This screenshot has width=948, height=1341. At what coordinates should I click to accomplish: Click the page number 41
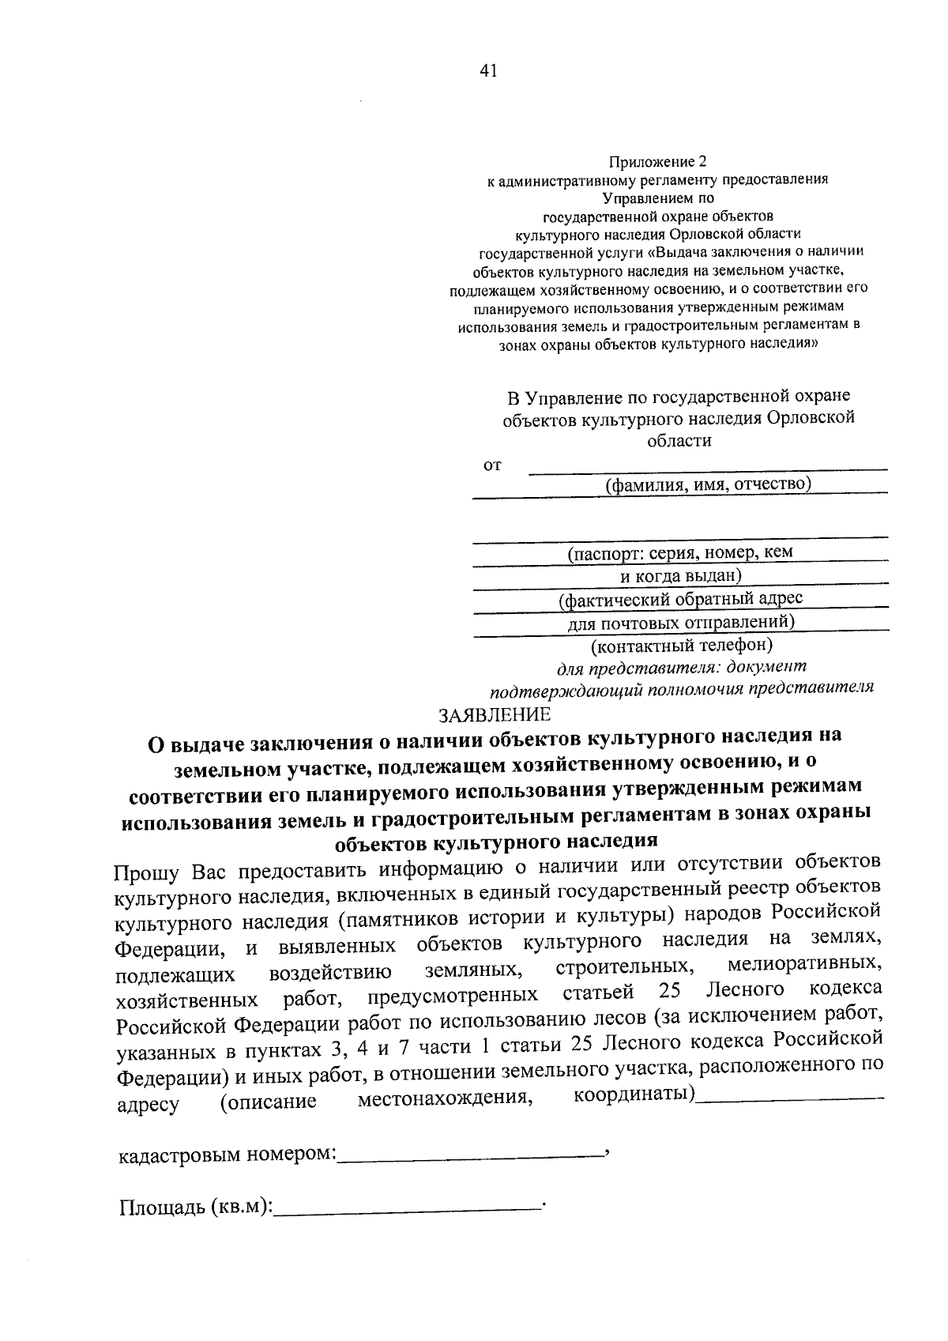pos(487,71)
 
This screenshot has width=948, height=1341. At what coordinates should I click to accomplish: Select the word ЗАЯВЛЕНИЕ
pos(495,715)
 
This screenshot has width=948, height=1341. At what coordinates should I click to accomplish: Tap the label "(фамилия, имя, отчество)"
pos(708,484)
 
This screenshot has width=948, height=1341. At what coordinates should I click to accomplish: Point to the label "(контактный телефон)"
pos(681,646)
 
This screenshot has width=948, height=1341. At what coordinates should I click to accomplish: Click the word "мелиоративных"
pos(804,965)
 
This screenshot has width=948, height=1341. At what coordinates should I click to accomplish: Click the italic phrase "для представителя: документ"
pos(682,669)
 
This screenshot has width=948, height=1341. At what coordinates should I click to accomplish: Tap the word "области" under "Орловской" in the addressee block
pos(679,441)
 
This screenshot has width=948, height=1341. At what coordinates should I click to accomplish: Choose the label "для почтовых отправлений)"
pos(681,623)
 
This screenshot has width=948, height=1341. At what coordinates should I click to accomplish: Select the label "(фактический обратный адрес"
pos(680,600)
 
